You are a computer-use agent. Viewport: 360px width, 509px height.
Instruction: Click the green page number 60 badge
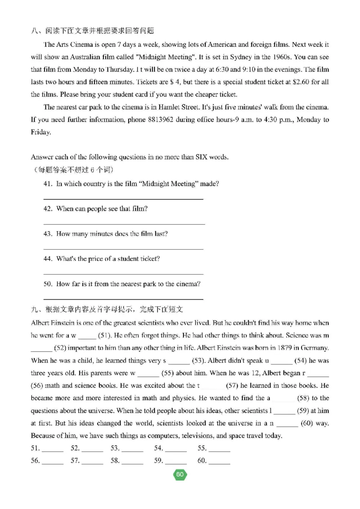point(180,475)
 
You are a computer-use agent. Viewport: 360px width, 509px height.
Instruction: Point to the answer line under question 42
point(124,224)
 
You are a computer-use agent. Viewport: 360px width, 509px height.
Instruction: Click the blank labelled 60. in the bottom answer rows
point(220,461)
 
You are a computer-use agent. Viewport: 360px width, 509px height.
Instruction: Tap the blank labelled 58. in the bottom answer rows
point(133,461)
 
